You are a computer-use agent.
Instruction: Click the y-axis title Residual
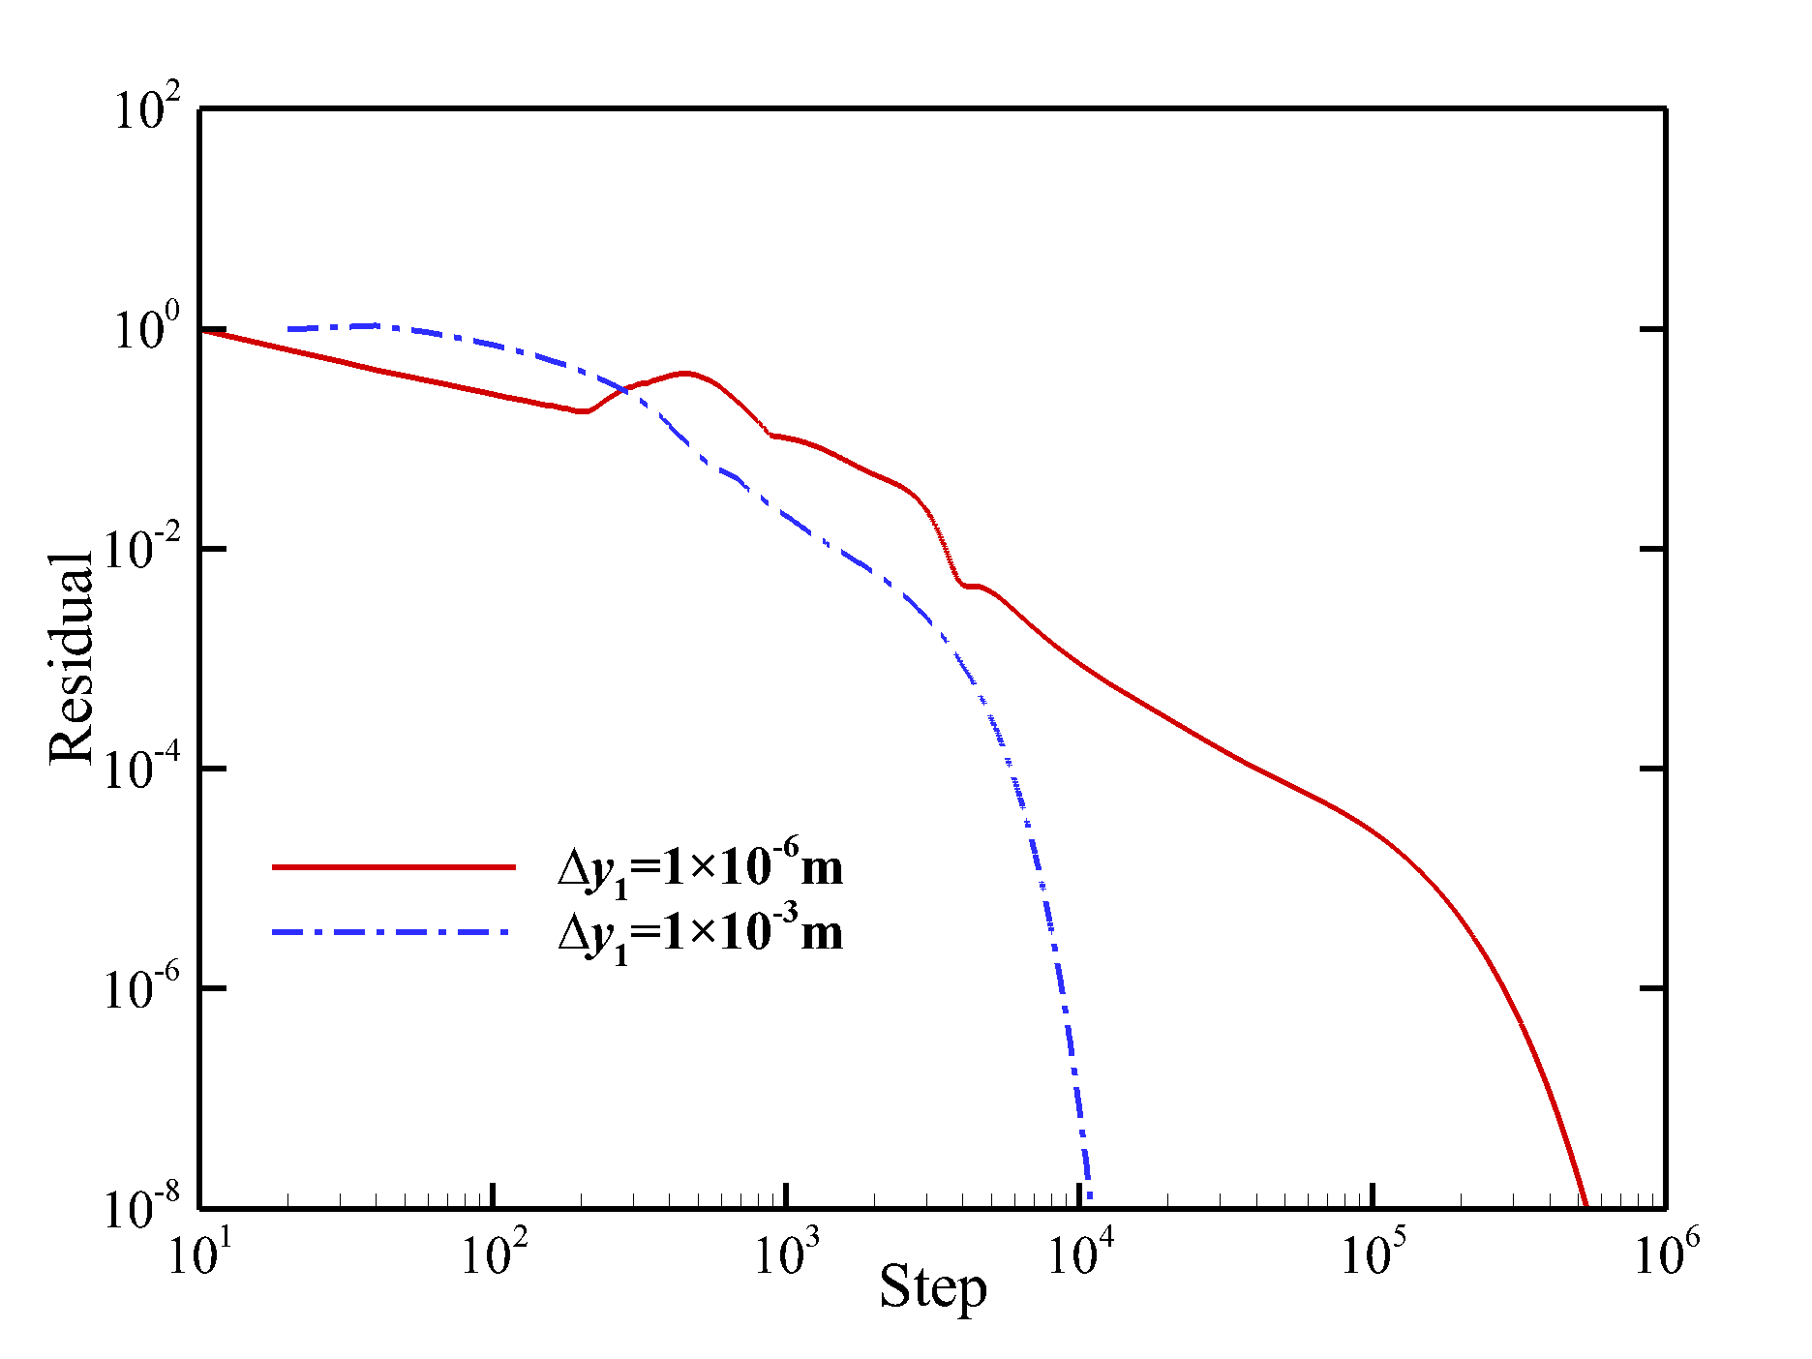72,658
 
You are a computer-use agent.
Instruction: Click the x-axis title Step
932,1287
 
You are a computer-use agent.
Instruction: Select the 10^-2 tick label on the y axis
141,549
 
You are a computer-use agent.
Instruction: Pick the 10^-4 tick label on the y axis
141,769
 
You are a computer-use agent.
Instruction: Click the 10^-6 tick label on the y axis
141,988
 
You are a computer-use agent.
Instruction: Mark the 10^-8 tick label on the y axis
141,1208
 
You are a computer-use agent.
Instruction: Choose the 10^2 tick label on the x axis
493,1254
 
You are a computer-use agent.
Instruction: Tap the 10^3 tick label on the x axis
786,1254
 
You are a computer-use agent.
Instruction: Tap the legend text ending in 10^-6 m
700,866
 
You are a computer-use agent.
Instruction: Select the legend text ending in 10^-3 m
700,932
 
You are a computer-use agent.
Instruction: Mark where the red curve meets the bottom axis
1585,1205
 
